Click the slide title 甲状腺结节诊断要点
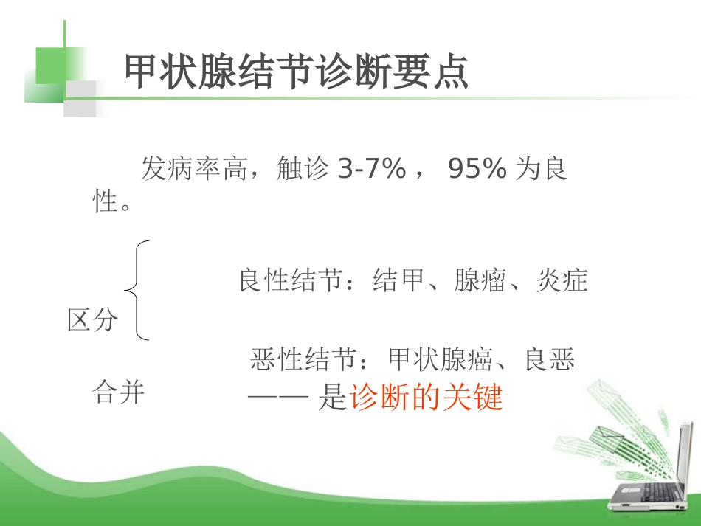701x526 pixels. click(x=296, y=72)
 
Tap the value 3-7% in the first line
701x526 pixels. click(x=371, y=170)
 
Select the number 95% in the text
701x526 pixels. click(x=477, y=170)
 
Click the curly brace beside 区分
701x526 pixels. click(x=137, y=291)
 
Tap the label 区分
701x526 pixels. click(x=93, y=319)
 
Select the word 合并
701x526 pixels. click(x=119, y=392)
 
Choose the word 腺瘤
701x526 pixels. click(x=480, y=281)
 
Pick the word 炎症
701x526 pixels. click(x=562, y=281)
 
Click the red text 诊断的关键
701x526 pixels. click(x=426, y=398)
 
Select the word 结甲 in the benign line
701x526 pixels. click(x=399, y=281)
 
